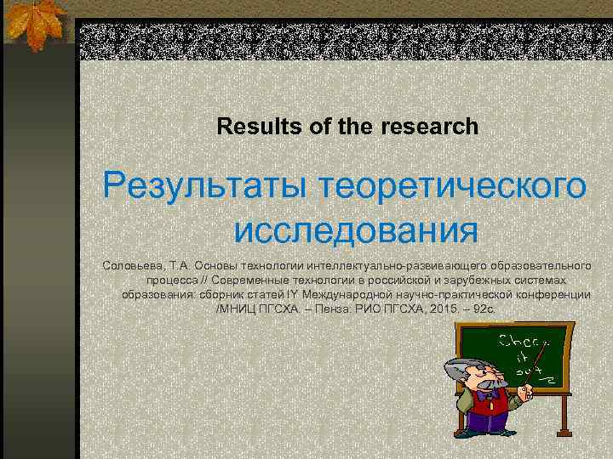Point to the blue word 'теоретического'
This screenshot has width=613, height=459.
(451, 184)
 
